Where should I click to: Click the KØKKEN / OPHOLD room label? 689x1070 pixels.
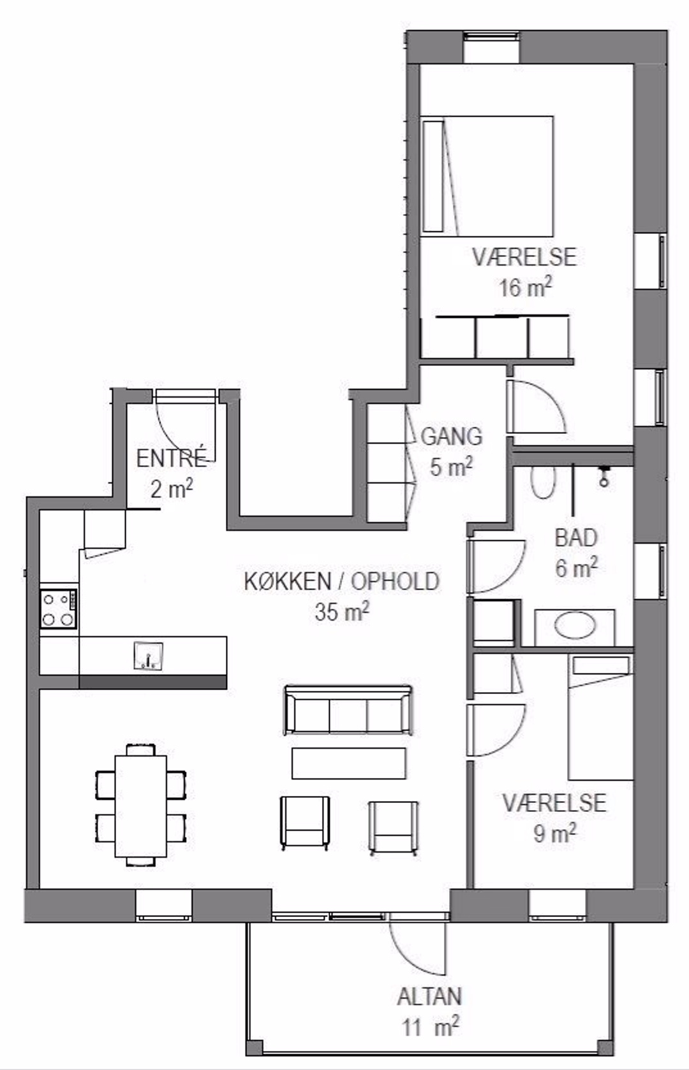click(342, 581)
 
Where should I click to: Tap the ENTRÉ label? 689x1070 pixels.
click(171, 459)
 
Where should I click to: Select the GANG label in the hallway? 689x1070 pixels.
click(452, 437)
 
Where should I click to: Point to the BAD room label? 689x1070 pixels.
click(576, 539)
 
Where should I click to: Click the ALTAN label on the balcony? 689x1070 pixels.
click(429, 997)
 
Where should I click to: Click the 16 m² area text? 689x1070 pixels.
click(526, 287)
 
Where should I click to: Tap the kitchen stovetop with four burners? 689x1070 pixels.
click(59, 609)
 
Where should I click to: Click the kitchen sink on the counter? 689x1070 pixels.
click(148, 655)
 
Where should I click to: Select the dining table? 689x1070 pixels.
click(140, 806)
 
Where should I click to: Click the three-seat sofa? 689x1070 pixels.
click(348, 711)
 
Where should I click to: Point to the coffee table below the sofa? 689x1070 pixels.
click(349, 763)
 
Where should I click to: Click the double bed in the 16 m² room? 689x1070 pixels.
click(487, 176)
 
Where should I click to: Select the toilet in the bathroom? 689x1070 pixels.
click(544, 482)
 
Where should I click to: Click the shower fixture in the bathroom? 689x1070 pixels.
click(604, 477)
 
